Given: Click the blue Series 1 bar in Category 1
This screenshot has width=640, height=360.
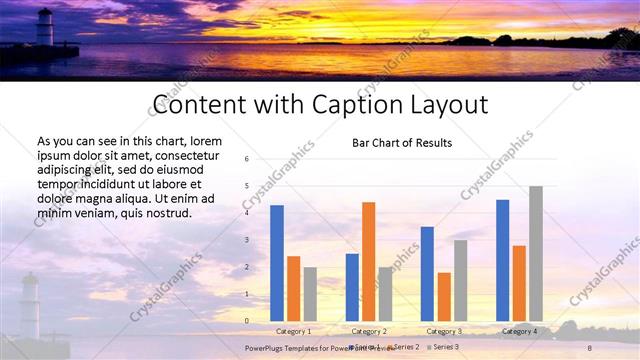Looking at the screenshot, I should coord(277,263).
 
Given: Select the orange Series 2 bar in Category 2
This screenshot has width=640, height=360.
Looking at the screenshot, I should coord(368,261).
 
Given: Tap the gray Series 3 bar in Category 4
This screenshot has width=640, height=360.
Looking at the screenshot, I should coord(536,253).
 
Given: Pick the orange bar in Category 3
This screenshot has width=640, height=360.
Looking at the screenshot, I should coord(443,296).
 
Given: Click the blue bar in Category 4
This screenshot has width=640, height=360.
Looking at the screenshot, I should coord(502,260).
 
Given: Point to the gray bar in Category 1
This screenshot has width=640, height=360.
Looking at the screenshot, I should coord(310,294).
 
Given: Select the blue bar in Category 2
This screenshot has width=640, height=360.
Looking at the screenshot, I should coord(352,287).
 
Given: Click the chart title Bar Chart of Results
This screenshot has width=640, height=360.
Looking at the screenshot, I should coord(402,143).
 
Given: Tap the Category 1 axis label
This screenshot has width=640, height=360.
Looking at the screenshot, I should coord(294,331).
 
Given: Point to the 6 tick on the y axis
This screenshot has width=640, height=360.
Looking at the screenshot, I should coord(246,159).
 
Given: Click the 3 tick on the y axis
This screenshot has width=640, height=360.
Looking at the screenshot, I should coord(246,240).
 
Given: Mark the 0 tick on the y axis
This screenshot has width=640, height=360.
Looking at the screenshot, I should coord(246,321).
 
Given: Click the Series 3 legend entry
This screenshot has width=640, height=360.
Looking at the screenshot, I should coord(444,346).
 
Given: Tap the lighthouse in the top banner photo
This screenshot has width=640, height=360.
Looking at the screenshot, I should coord(44,27).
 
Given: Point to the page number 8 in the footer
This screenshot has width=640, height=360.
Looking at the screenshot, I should coord(589,347).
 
